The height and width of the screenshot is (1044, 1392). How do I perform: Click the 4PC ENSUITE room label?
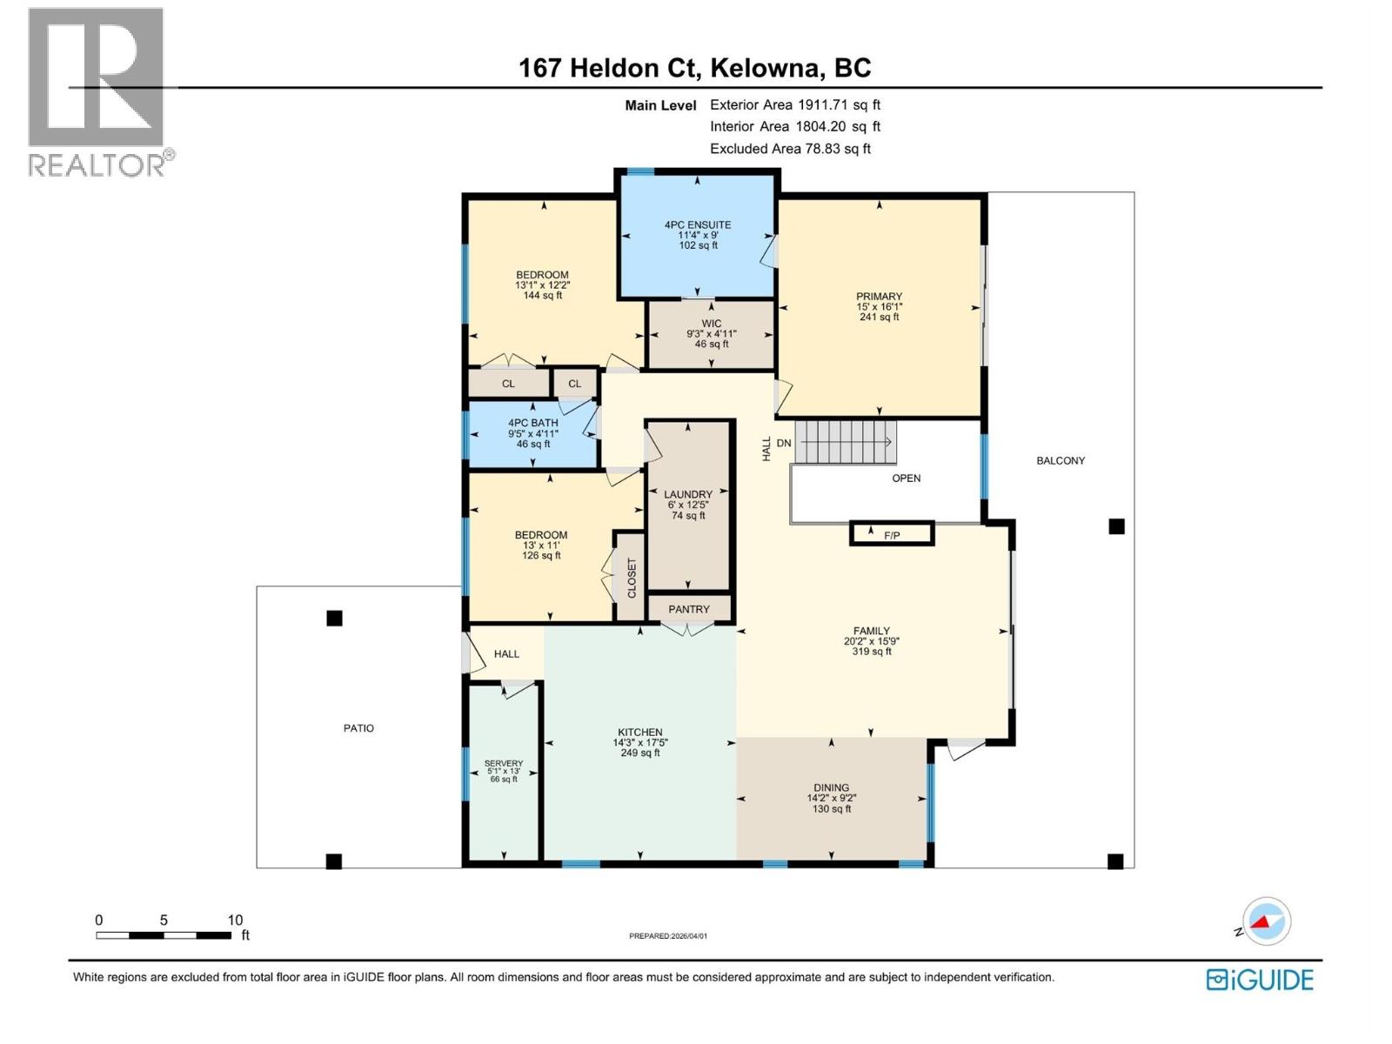coord(697,224)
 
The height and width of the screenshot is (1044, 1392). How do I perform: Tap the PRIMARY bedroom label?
coord(879,297)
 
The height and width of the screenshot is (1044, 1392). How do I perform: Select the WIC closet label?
coord(711,324)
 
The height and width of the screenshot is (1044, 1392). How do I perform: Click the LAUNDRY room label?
coord(688,494)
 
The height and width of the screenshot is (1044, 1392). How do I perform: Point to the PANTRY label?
coord(689,609)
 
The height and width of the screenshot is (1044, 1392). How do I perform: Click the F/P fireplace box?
coord(892,534)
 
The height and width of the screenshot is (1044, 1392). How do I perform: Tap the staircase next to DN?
coord(845,442)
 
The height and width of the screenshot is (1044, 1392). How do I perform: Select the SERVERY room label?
coord(504,763)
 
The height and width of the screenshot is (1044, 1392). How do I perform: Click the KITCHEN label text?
coord(640,733)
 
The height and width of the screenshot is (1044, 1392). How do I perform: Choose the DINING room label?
coord(831,788)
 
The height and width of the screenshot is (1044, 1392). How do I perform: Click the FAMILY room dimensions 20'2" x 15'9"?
coord(871,641)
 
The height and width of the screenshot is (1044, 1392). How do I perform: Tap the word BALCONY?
coord(1061,460)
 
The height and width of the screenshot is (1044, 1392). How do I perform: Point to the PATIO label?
coord(358,728)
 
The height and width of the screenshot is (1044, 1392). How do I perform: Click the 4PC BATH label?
coord(533,423)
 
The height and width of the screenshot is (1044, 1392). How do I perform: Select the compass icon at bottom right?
coord(1267,920)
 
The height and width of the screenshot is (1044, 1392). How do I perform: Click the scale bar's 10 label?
coord(235,920)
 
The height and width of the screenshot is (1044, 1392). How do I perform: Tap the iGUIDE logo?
coord(1260,980)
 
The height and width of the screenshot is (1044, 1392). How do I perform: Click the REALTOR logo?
coord(97,91)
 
